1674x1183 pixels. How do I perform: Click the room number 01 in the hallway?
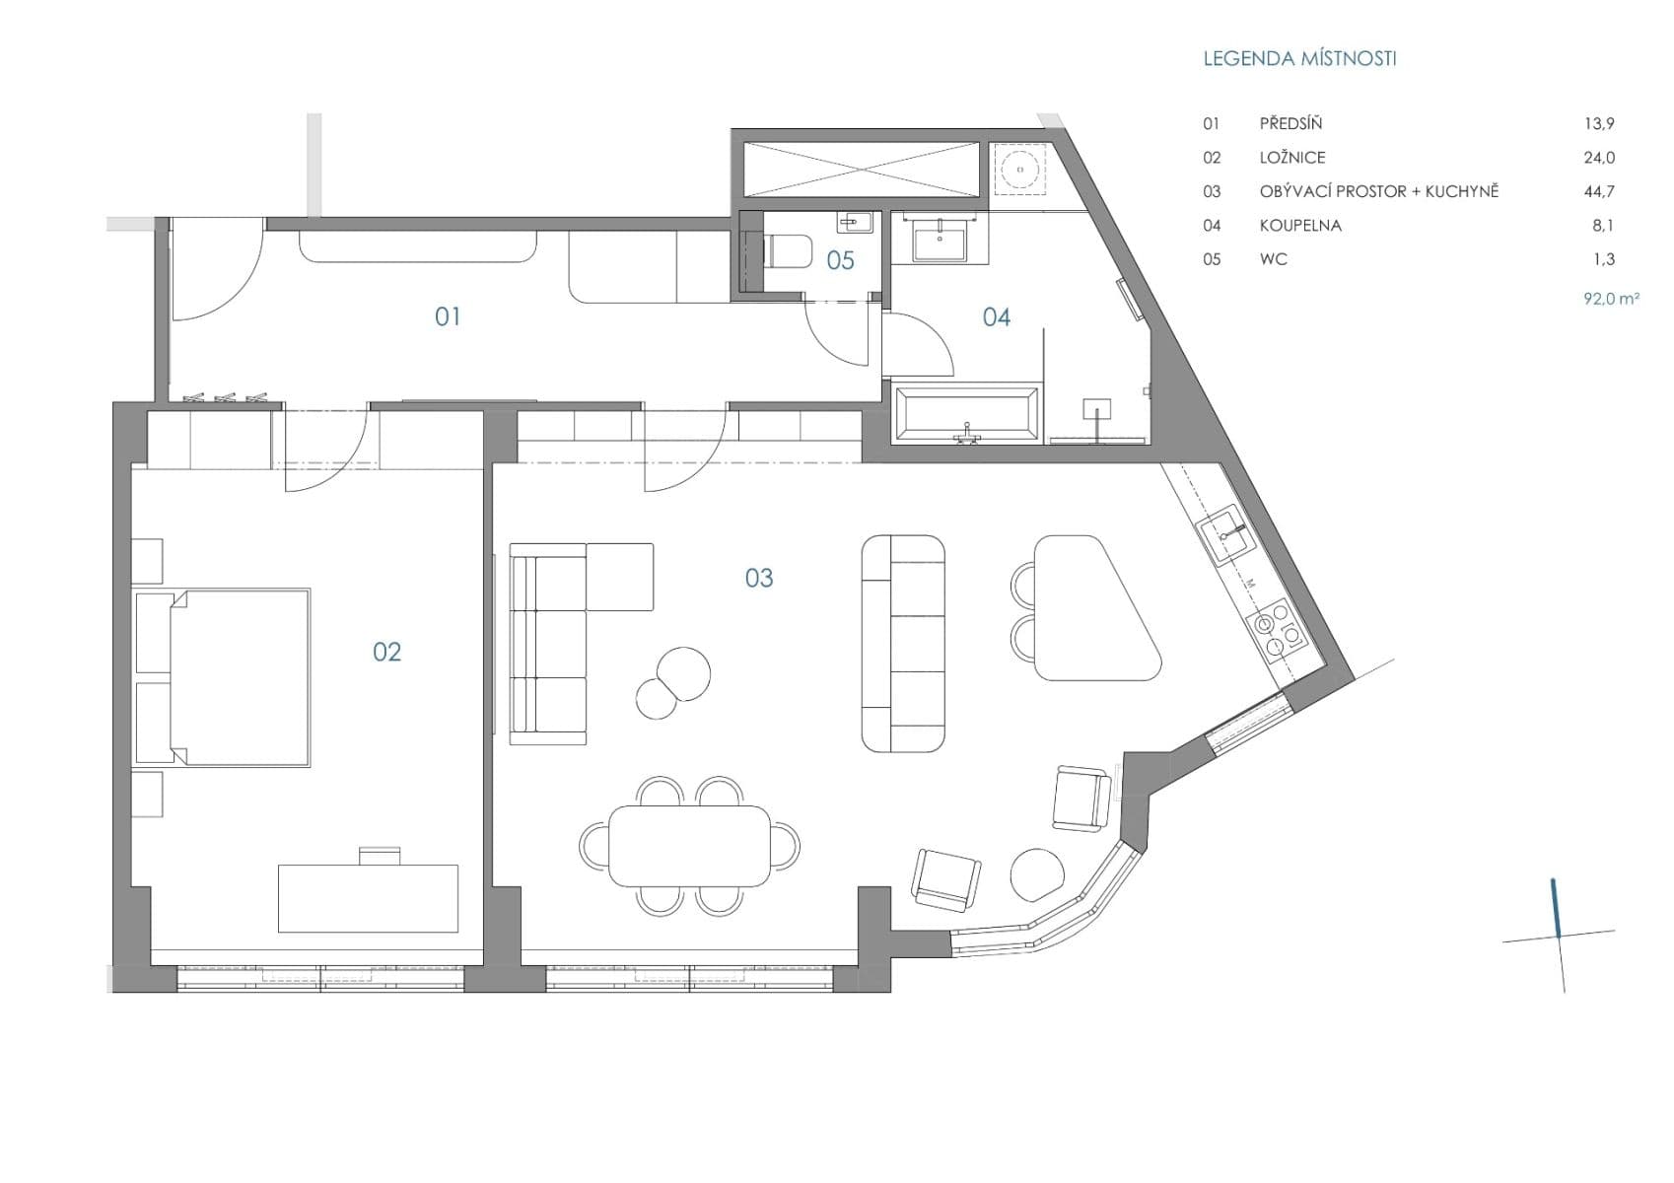pyautogui.click(x=448, y=316)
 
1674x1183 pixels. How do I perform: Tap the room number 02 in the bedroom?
pyautogui.click(x=386, y=652)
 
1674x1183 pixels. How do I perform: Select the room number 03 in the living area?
pyautogui.click(x=758, y=578)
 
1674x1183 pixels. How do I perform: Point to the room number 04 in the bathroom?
pyautogui.click(x=996, y=317)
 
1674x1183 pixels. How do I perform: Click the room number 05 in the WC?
pyautogui.click(x=840, y=261)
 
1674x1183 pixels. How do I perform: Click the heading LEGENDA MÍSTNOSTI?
pyautogui.click(x=1298, y=58)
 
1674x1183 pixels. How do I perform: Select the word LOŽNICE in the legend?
pyautogui.click(x=1291, y=158)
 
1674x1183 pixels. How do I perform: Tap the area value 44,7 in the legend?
pyautogui.click(x=1598, y=191)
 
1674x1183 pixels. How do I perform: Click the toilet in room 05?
pyautogui.click(x=787, y=251)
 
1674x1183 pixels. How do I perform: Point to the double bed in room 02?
pyautogui.click(x=239, y=677)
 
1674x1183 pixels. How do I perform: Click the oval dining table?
pyautogui.click(x=690, y=846)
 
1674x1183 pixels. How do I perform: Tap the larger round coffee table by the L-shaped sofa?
pyautogui.click(x=683, y=672)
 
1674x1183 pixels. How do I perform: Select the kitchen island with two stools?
pyautogui.click(x=1091, y=609)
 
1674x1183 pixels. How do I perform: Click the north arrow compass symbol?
pyautogui.click(x=1558, y=933)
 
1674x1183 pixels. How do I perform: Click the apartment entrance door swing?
pyautogui.click(x=214, y=268)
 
